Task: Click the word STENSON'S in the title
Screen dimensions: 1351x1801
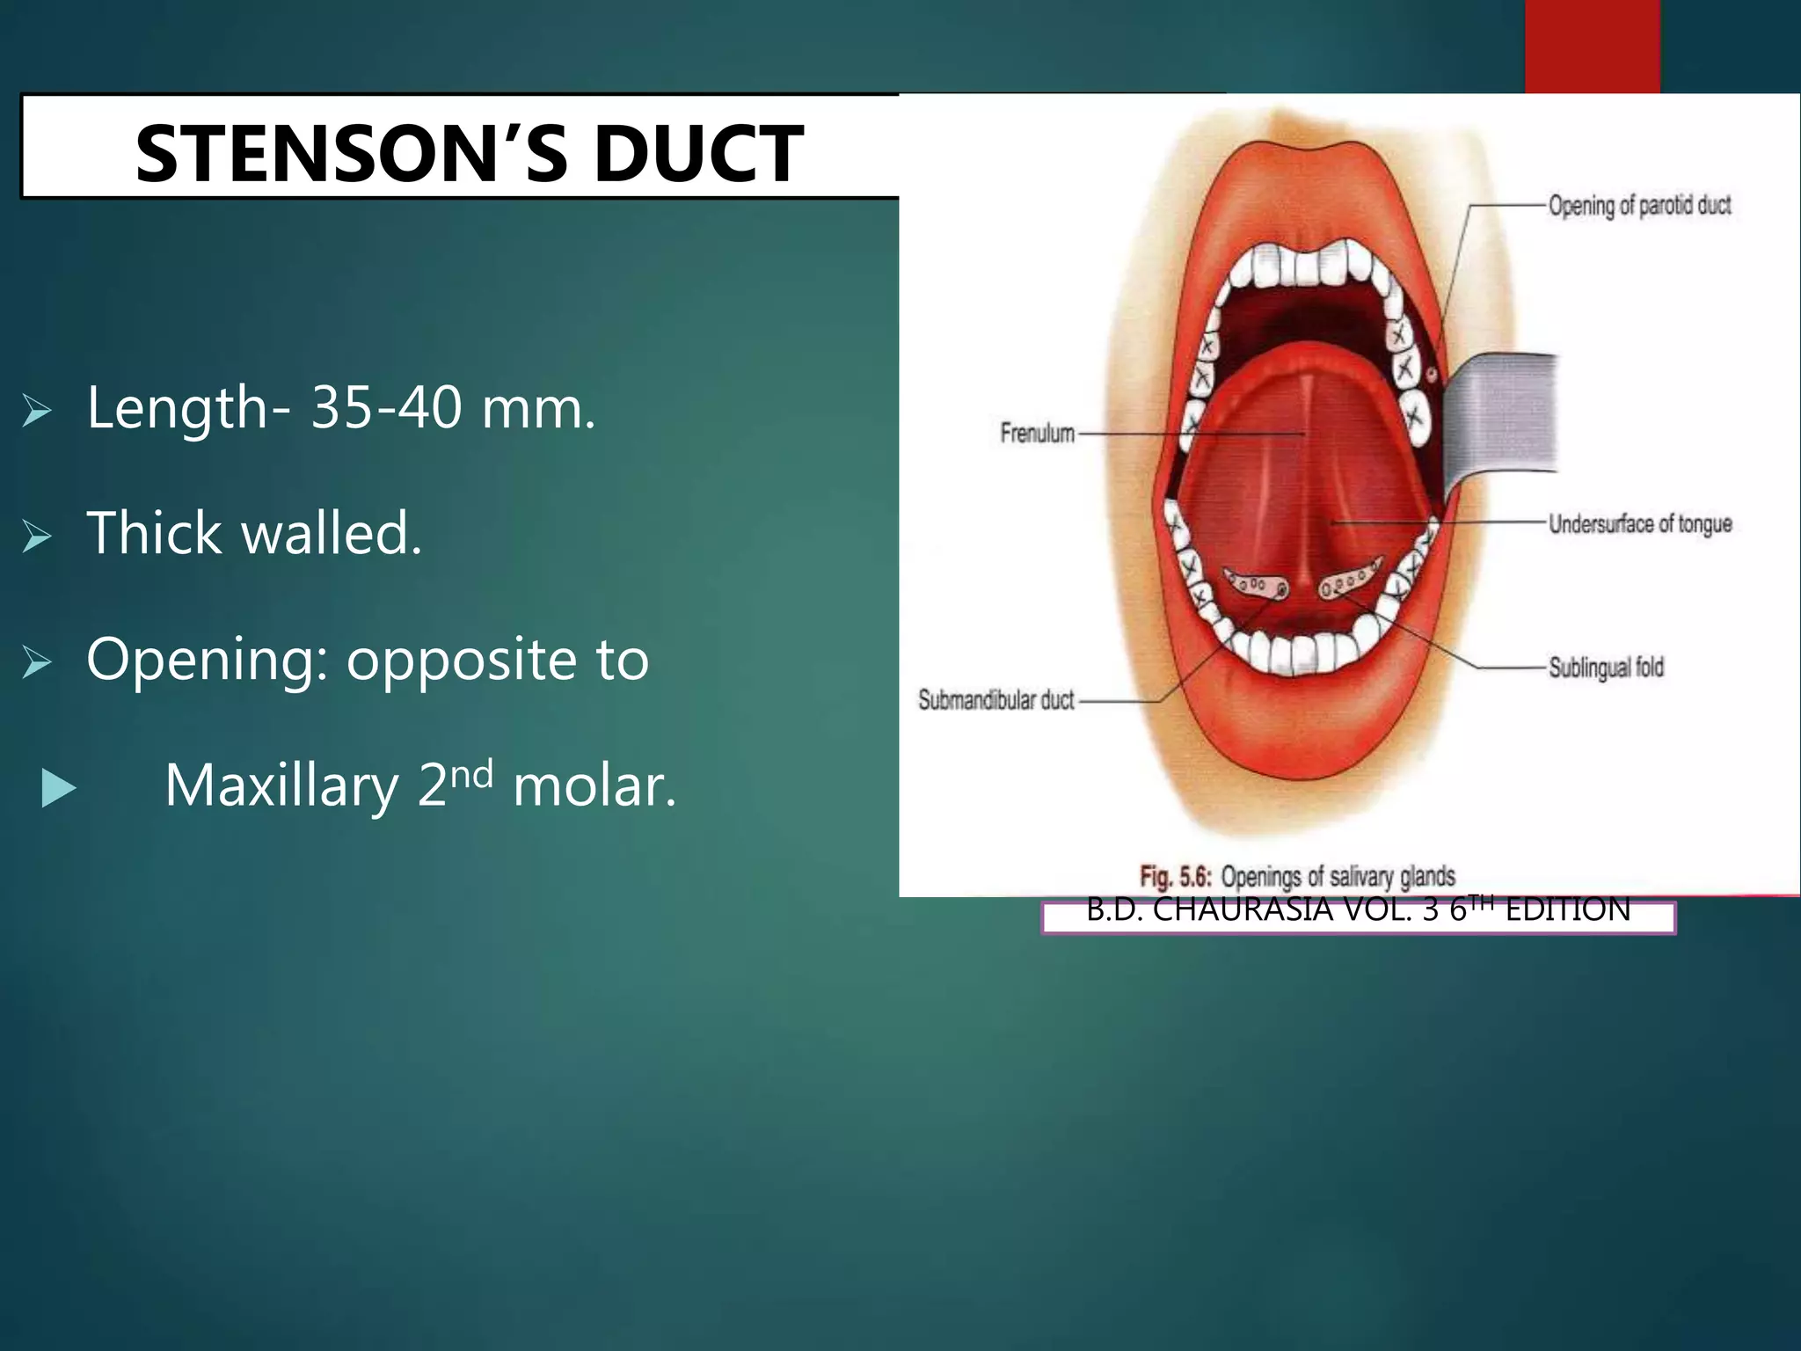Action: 352,154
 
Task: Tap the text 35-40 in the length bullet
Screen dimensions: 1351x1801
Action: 386,408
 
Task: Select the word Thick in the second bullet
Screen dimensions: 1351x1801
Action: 154,533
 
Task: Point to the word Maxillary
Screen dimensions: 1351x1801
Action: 281,785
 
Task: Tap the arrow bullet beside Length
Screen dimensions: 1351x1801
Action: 37,410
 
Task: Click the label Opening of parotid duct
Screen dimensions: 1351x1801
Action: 1639,206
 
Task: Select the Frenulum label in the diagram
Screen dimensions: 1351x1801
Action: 1037,433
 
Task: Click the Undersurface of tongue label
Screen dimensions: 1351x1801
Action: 1640,524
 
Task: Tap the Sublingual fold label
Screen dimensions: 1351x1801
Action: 1606,668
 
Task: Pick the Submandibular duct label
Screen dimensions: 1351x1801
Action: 995,700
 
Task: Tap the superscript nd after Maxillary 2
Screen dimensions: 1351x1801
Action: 471,772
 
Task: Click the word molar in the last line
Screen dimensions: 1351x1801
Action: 594,785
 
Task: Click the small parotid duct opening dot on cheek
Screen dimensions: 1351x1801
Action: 1431,376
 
